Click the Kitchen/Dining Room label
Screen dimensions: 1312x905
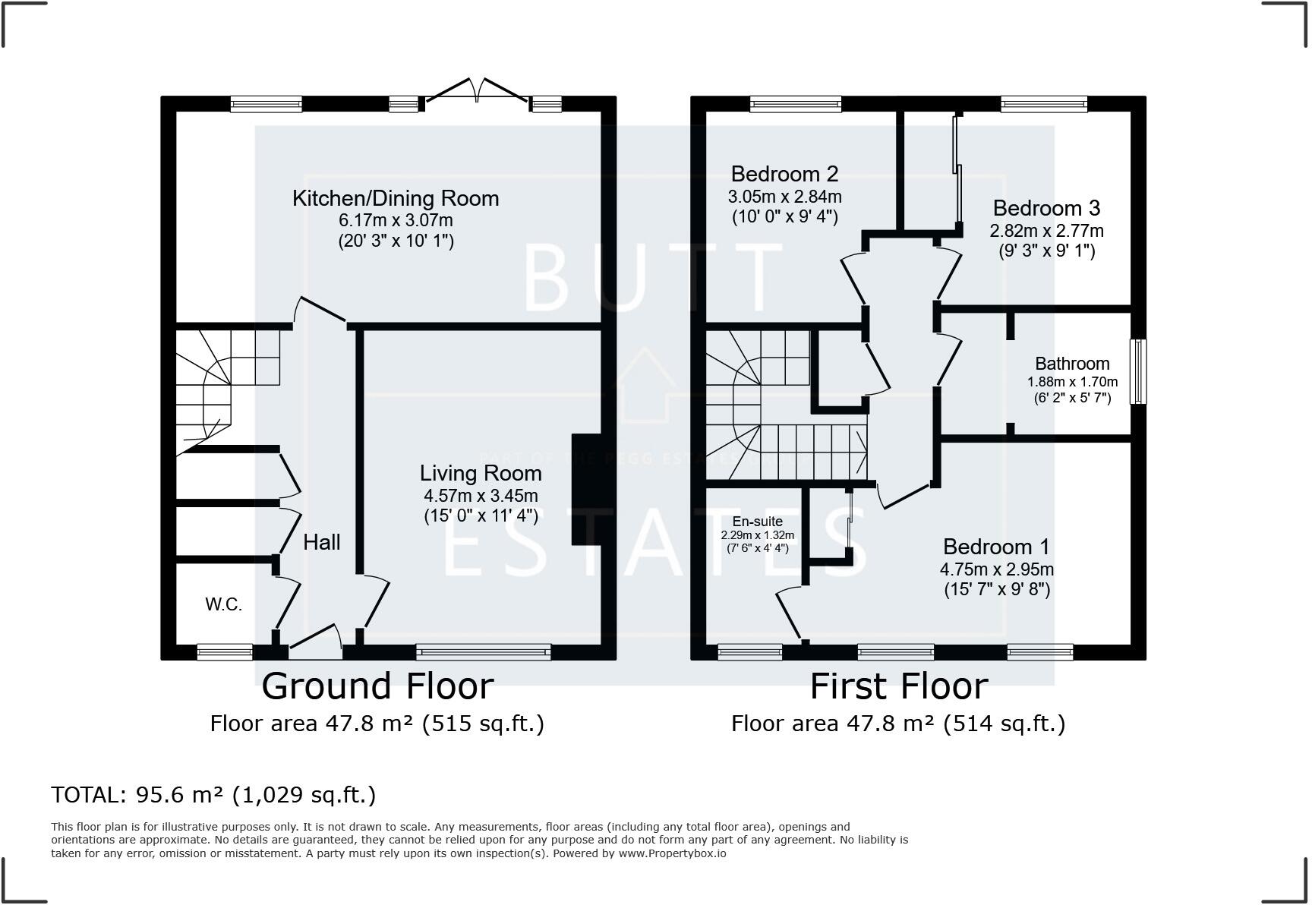pos(396,199)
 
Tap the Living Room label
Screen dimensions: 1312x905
pos(481,474)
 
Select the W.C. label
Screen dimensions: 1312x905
pos(223,604)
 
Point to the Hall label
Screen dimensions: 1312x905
pos(322,542)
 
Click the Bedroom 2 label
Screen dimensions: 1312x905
pos(784,174)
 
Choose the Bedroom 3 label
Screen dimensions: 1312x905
pos(1046,208)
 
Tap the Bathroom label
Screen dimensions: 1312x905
pos(1072,364)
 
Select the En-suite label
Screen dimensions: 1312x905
pos(757,522)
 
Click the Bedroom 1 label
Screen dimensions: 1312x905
pos(996,547)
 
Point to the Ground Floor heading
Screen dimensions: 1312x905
pos(377,686)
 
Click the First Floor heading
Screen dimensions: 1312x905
pos(899,686)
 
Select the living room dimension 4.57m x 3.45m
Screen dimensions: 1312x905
pos(481,497)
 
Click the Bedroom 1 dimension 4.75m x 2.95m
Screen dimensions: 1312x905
pos(997,569)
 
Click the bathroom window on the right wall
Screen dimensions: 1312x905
pos(1138,371)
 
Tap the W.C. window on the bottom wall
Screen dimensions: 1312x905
pos(225,651)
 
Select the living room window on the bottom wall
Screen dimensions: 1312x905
pos(483,651)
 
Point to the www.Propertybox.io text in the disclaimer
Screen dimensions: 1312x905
pos(672,853)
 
